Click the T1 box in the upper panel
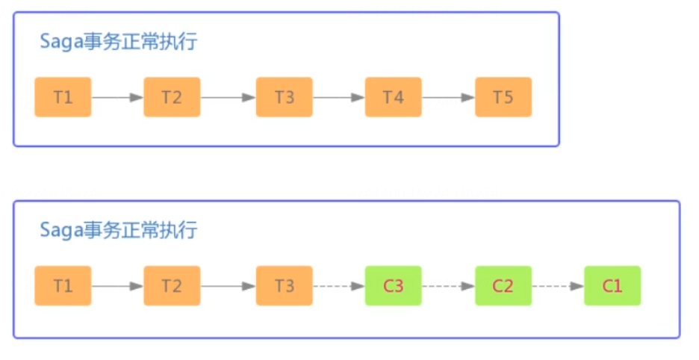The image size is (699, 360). click(x=63, y=97)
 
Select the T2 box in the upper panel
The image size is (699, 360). click(x=172, y=97)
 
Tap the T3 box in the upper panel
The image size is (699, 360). click(x=285, y=97)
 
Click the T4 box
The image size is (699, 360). click(x=393, y=97)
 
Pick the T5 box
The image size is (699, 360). click(x=503, y=97)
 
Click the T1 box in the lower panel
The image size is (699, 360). click(x=63, y=285)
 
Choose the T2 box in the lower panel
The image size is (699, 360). click(x=172, y=285)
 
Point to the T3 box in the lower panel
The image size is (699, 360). click(x=285, y=285)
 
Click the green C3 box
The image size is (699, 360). click(x=393, y=285)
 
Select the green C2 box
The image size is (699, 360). click(x=503, y=285)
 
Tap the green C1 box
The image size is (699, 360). click(x=612, y=285)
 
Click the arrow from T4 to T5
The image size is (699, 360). click(x=448, y=97)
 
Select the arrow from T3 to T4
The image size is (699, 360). click(x=339, y=97)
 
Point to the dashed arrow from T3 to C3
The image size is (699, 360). click(x=339, y=285)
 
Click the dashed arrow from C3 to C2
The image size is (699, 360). click(x=448, y=285)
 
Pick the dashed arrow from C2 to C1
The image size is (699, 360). click(x=558, y=285)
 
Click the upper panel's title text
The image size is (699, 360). click(x=118, y=42)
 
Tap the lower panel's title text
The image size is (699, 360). click(x=118, y=230)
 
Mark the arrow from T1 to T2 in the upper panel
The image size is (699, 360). click(x=117, y=97)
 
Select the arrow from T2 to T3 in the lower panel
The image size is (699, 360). click(x=228, y=285)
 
